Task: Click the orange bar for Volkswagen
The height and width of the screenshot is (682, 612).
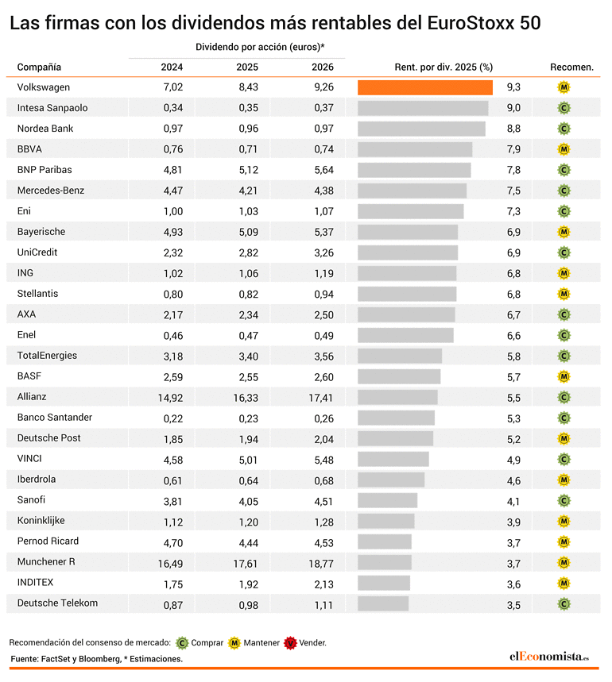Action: pyautogui.click(x=425, y=87)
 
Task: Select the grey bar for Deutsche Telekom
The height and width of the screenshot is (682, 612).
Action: pyautogui.click(x=383, y=603)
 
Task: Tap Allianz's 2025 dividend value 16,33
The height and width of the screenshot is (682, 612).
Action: pyautogui.click(x=246, y=398)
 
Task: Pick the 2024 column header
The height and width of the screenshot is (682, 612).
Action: pyautogui.click(x=172, y=67)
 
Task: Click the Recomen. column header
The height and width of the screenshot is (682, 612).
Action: pyautogui.click(x=571, y=67)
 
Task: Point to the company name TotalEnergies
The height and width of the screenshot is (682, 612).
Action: pyautogui.click(x=47, y=356)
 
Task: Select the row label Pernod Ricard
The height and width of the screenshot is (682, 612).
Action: pyautogui.click(x=48, y=541)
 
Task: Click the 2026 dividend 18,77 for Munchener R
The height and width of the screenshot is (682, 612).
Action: pyautogui.click(x=321, y=564)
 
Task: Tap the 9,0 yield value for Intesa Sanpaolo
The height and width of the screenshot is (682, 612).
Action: pyautogui.click(x=513, y=108)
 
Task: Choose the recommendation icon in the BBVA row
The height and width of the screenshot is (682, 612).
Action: pyautogui.click(x=564, y=149)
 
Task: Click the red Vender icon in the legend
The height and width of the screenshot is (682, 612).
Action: pyautogui.click(x=290, y=643)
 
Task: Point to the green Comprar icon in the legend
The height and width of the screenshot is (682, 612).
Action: pyautogui.click(x=182, y=643)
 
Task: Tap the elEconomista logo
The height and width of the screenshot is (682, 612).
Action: pyautogui.click(x=549, y=657)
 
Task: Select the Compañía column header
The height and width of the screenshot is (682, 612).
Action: pyautogui.click(x=39, y=67)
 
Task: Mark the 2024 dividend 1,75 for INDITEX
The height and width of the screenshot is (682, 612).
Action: pyautogui.click(x=173, y=584)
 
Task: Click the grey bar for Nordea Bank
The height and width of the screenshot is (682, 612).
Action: pyautogui.click(x=421, y=129)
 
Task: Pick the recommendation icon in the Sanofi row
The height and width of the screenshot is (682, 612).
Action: pyautogui.click(x=564, y=501)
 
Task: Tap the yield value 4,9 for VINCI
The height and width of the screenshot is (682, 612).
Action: pyautogui.click(x=513, y=460)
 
